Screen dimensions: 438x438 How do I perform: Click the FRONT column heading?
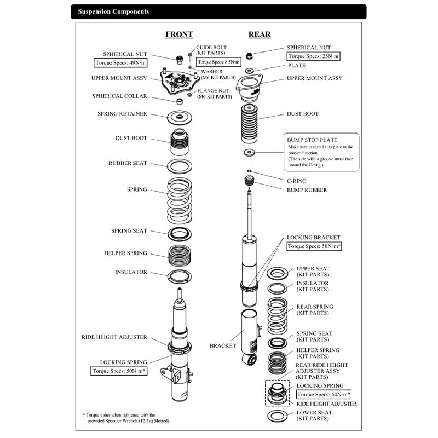[x=179, y=34]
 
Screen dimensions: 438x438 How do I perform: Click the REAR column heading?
[x=260, y=34]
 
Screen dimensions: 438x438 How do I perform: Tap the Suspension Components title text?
[x=113, y=11]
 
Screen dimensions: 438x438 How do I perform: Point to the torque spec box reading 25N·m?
[x=313, y=56]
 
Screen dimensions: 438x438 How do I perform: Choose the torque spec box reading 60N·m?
[x=324, y=394]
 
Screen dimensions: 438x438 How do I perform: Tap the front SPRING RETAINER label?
[x=122, y=114]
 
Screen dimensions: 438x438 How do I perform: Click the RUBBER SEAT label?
[x=128, y=163]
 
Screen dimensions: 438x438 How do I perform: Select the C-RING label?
[x=297, y=181]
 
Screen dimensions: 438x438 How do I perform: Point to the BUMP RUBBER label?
[x=307, y=190]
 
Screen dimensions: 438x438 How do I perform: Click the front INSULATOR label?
[x=131, y=272]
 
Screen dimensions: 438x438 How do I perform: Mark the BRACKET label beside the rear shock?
[x=223, y=345]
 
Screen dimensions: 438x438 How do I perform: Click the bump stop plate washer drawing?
[x=249, y=152]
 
